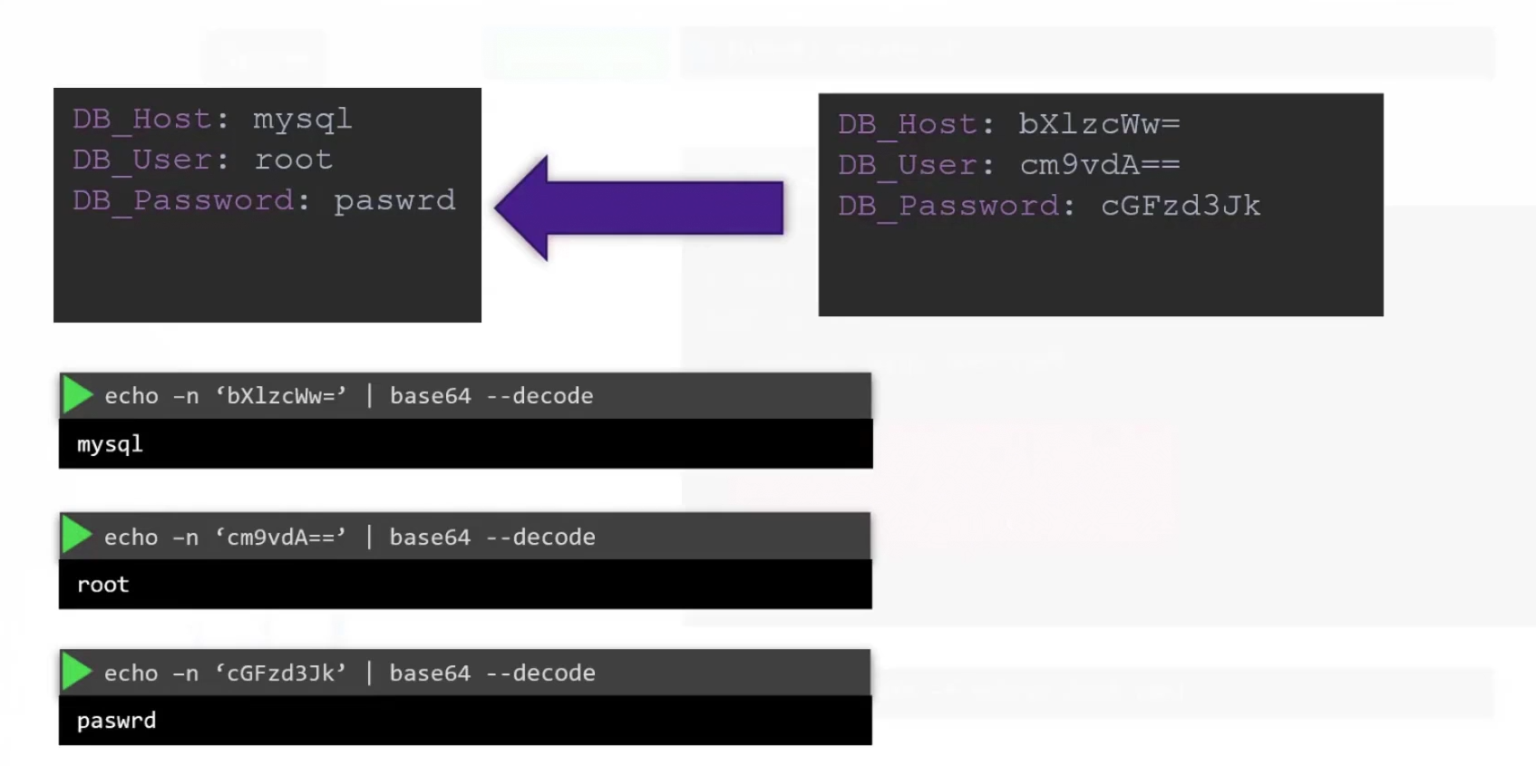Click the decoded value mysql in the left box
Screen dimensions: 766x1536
click(302, 120)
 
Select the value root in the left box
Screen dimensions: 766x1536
click(293, 160)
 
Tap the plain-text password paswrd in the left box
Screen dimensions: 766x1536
click(394, 200)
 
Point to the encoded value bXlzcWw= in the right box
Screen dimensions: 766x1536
click(1099, 124)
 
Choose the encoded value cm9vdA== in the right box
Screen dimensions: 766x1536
click(1099, 165)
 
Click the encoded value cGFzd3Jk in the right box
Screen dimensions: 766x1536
click(1181, 206)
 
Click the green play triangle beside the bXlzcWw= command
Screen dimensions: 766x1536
click(77, 395)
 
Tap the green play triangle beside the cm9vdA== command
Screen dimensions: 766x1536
click(77, 537)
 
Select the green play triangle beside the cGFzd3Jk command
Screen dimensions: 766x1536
click(77, 673)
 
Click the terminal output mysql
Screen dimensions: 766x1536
click(110, 444)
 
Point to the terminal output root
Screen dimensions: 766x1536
click(103, 585)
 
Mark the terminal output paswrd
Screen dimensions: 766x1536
click(116, 721)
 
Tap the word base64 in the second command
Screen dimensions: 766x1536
click(430, 538)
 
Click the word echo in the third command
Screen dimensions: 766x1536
click(131, 674)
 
